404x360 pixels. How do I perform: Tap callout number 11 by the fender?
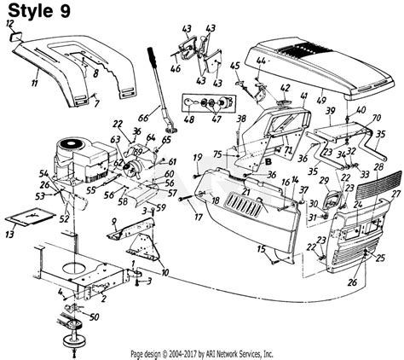pyautogui.click(x=34, y=83)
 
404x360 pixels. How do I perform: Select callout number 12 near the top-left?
pyautogui.click(x=10, y=26)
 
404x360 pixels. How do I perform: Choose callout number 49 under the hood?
pyautogui.click(x=320, y=101)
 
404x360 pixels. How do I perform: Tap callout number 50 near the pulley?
pyautogui.click(x=93, y=317)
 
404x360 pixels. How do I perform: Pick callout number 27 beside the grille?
pyautogui.click(x=395, y=195)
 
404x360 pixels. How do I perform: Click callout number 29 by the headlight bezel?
pyautogui.click(x=323, y=180)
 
